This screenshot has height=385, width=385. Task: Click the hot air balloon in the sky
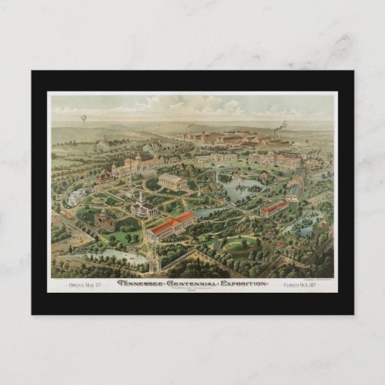click(x=83, y=118)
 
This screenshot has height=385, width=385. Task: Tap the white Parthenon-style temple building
click(x=172, y=181)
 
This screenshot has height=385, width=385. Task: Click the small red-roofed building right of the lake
click(x=275, y=208)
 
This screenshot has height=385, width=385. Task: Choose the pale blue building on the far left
click(x=76, y=196)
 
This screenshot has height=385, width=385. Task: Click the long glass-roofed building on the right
click(x=294, y=189)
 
